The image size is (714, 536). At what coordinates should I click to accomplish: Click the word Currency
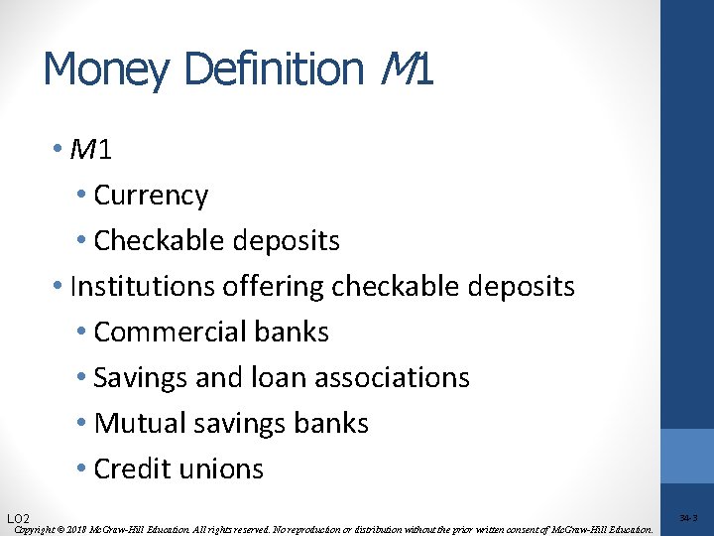click(151, 196)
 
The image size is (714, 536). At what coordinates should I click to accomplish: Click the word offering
click(281, 287)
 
